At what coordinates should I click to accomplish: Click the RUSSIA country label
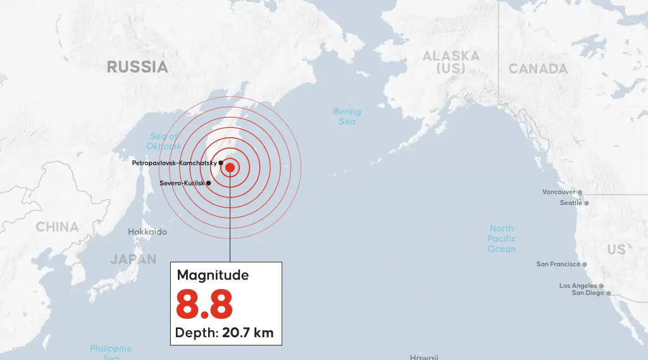(x=137, y=66)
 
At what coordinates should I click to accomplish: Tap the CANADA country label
(x=538, y=68)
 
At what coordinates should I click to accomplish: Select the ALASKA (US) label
(x=451, y=62)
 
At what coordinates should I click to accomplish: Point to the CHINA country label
(x=57, y=227)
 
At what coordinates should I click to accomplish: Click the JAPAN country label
(x=133, y=259)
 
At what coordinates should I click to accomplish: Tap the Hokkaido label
(x=147, y=232)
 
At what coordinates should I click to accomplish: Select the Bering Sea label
(x=347, y=116)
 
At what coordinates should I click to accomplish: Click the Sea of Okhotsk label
(x=165, y=141)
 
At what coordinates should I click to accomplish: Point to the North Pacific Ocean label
(x=502, y=239)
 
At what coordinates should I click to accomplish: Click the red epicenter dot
(x=230, y=168)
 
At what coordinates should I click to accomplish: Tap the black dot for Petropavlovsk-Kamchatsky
(x=221, y=163)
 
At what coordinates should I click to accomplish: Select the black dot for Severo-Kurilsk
(x=209, y=183)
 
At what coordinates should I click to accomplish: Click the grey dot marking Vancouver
(x=580, y=192)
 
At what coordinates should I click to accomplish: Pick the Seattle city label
(x=571, y=203)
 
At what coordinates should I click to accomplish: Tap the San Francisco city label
(x=558, y=264)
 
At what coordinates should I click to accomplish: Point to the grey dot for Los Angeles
(x=601, y=286)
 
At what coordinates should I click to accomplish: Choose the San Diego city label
(x=588, y=293)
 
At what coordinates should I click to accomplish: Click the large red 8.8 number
(x=204, y=304)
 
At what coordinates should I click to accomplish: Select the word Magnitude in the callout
(x=213, y=275)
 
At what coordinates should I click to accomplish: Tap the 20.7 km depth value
(x=247, y=333)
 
